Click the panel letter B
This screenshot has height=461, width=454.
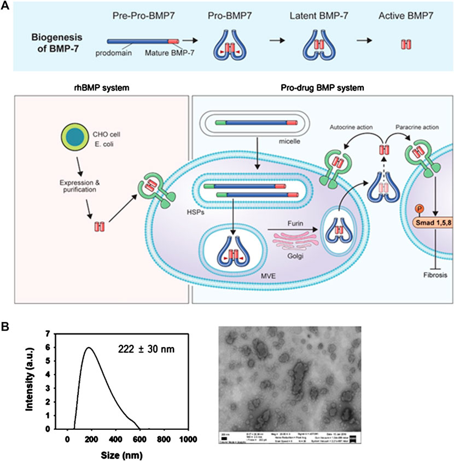6,326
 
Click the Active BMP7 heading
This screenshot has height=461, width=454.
404,13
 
